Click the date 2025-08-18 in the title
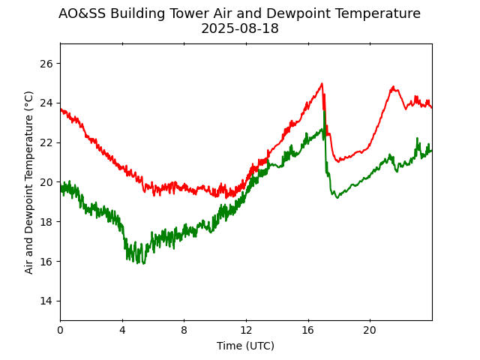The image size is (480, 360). [239, 29]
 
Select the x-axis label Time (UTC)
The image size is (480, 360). [245, 346]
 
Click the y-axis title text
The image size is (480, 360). [29, 182]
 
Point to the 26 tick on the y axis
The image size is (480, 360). [46, 64]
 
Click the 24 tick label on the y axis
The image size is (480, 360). [46, 103]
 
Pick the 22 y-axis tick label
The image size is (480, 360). [46, 142]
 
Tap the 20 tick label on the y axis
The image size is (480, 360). [46, 182]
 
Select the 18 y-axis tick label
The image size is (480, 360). [46, 222]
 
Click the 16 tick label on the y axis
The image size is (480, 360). [46, 261]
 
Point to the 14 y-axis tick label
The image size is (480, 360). [46, 301]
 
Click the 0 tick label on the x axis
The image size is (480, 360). [61, 330]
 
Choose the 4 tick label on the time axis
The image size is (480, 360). [122, 330]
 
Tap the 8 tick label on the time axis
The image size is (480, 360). [184, 330]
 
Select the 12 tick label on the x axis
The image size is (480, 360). [246, 330]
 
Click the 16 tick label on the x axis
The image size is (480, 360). [308, 330]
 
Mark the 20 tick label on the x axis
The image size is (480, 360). [370, 330]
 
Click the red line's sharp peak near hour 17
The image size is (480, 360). [322, 84]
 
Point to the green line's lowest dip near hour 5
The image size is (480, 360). [142, 263]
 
